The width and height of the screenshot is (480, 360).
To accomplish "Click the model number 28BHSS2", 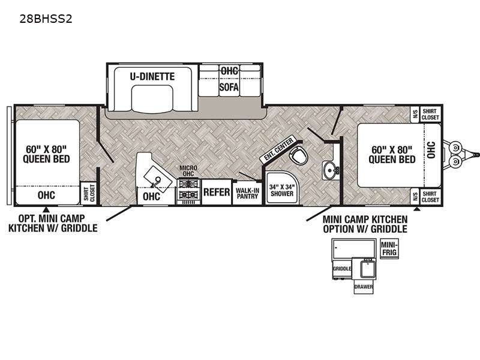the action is tap(46, 19).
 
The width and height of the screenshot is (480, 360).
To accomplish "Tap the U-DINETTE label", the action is tap(152, 76).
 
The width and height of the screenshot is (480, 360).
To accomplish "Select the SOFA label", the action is tap(229, 87).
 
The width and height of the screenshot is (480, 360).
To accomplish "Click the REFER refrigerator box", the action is tap(217, 192).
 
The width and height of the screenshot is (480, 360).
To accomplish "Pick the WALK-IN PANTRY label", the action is tap(247, 193).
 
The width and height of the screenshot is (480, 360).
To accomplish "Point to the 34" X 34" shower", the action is tap(282, 188).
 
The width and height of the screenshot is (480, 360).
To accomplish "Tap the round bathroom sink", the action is tap(330, 169).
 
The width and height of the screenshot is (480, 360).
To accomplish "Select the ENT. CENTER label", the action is tap(278, 149).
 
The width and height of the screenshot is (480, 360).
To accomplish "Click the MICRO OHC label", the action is tap(188, 171).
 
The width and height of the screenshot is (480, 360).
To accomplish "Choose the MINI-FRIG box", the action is tap(389, 248).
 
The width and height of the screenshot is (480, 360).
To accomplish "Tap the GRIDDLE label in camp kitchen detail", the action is tap(342, 268).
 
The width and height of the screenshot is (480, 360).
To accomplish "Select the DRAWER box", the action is tap(364, 287).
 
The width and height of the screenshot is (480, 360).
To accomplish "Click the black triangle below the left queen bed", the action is tap(46, 209).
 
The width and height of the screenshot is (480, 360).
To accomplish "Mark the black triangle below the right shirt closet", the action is tap(416, 209).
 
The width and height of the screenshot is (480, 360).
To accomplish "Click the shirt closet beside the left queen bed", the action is tap(88, 193).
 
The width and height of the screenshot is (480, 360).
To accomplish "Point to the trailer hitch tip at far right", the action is tap(478, 155).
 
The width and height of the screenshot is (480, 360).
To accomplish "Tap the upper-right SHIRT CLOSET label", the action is tap(430, 114).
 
